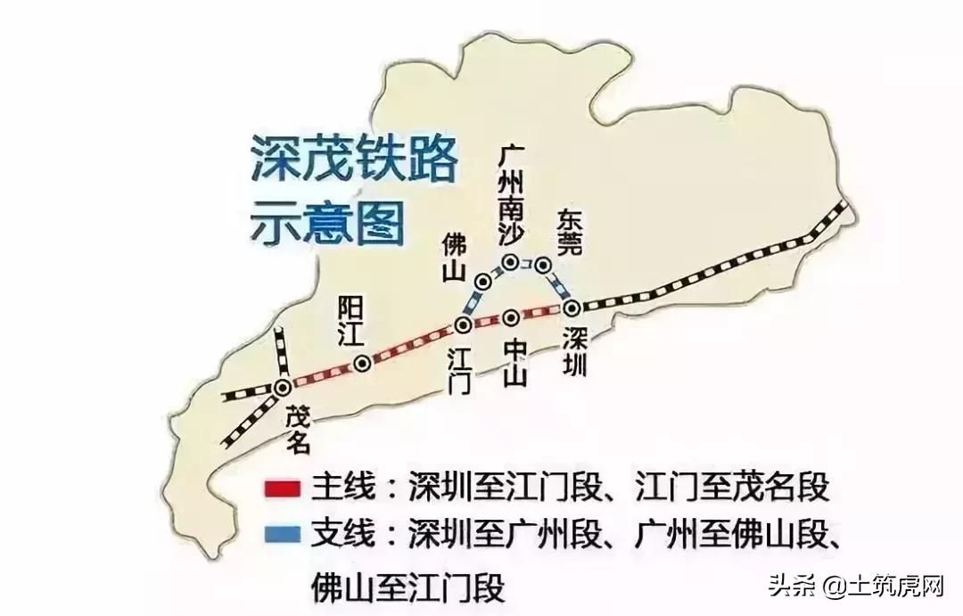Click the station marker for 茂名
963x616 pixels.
[x=283, y=387]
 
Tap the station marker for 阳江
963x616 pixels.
[x=362, y=363]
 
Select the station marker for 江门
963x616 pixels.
[x=463, y=325]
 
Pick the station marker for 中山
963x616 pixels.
[x=511, y=317]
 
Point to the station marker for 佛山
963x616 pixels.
[x=483, y=282]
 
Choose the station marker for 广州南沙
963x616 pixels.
[x=511, y=262]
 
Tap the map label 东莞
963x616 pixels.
[x=569, y=232]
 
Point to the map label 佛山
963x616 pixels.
[x=454, y=257]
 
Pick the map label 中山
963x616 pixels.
[x=514, y=361]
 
